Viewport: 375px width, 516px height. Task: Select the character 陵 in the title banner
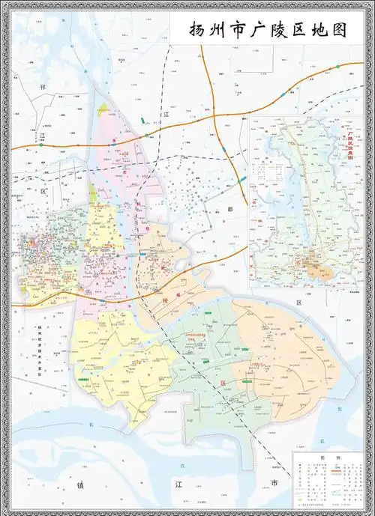[x=281, y=31]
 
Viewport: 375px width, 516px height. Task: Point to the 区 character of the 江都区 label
[x=298, y=303]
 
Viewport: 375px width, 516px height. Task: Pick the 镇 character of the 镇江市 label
[x=80, y=485]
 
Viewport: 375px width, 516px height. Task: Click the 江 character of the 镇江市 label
[x=178, y=485]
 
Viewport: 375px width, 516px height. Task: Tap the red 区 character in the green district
[x=223, y=382]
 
